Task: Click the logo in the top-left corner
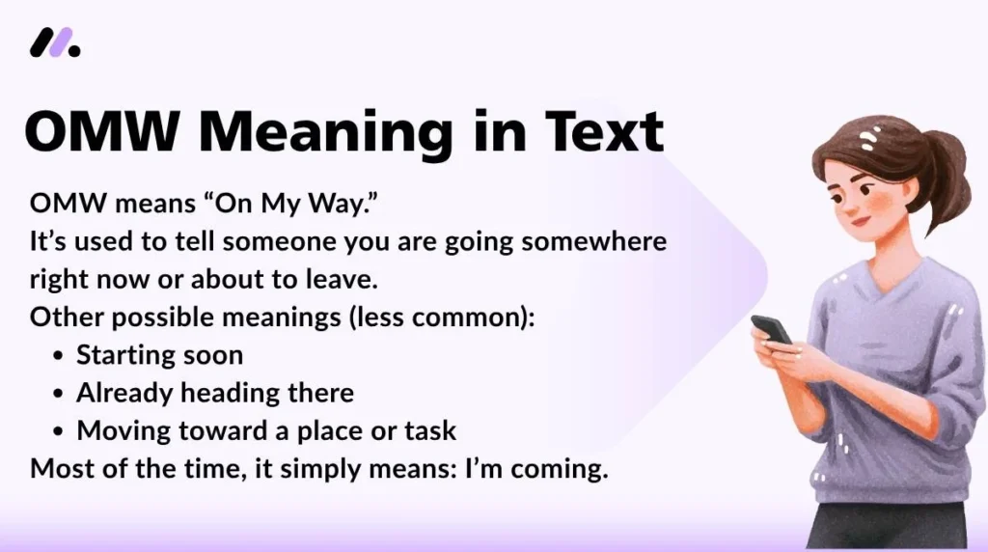(x=55, y=42)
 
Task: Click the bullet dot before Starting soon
(x=58, y=356)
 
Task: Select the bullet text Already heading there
(x=214, y=393)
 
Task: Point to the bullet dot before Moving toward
(x=58, y=431)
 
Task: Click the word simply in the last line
(x=304, y=470)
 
